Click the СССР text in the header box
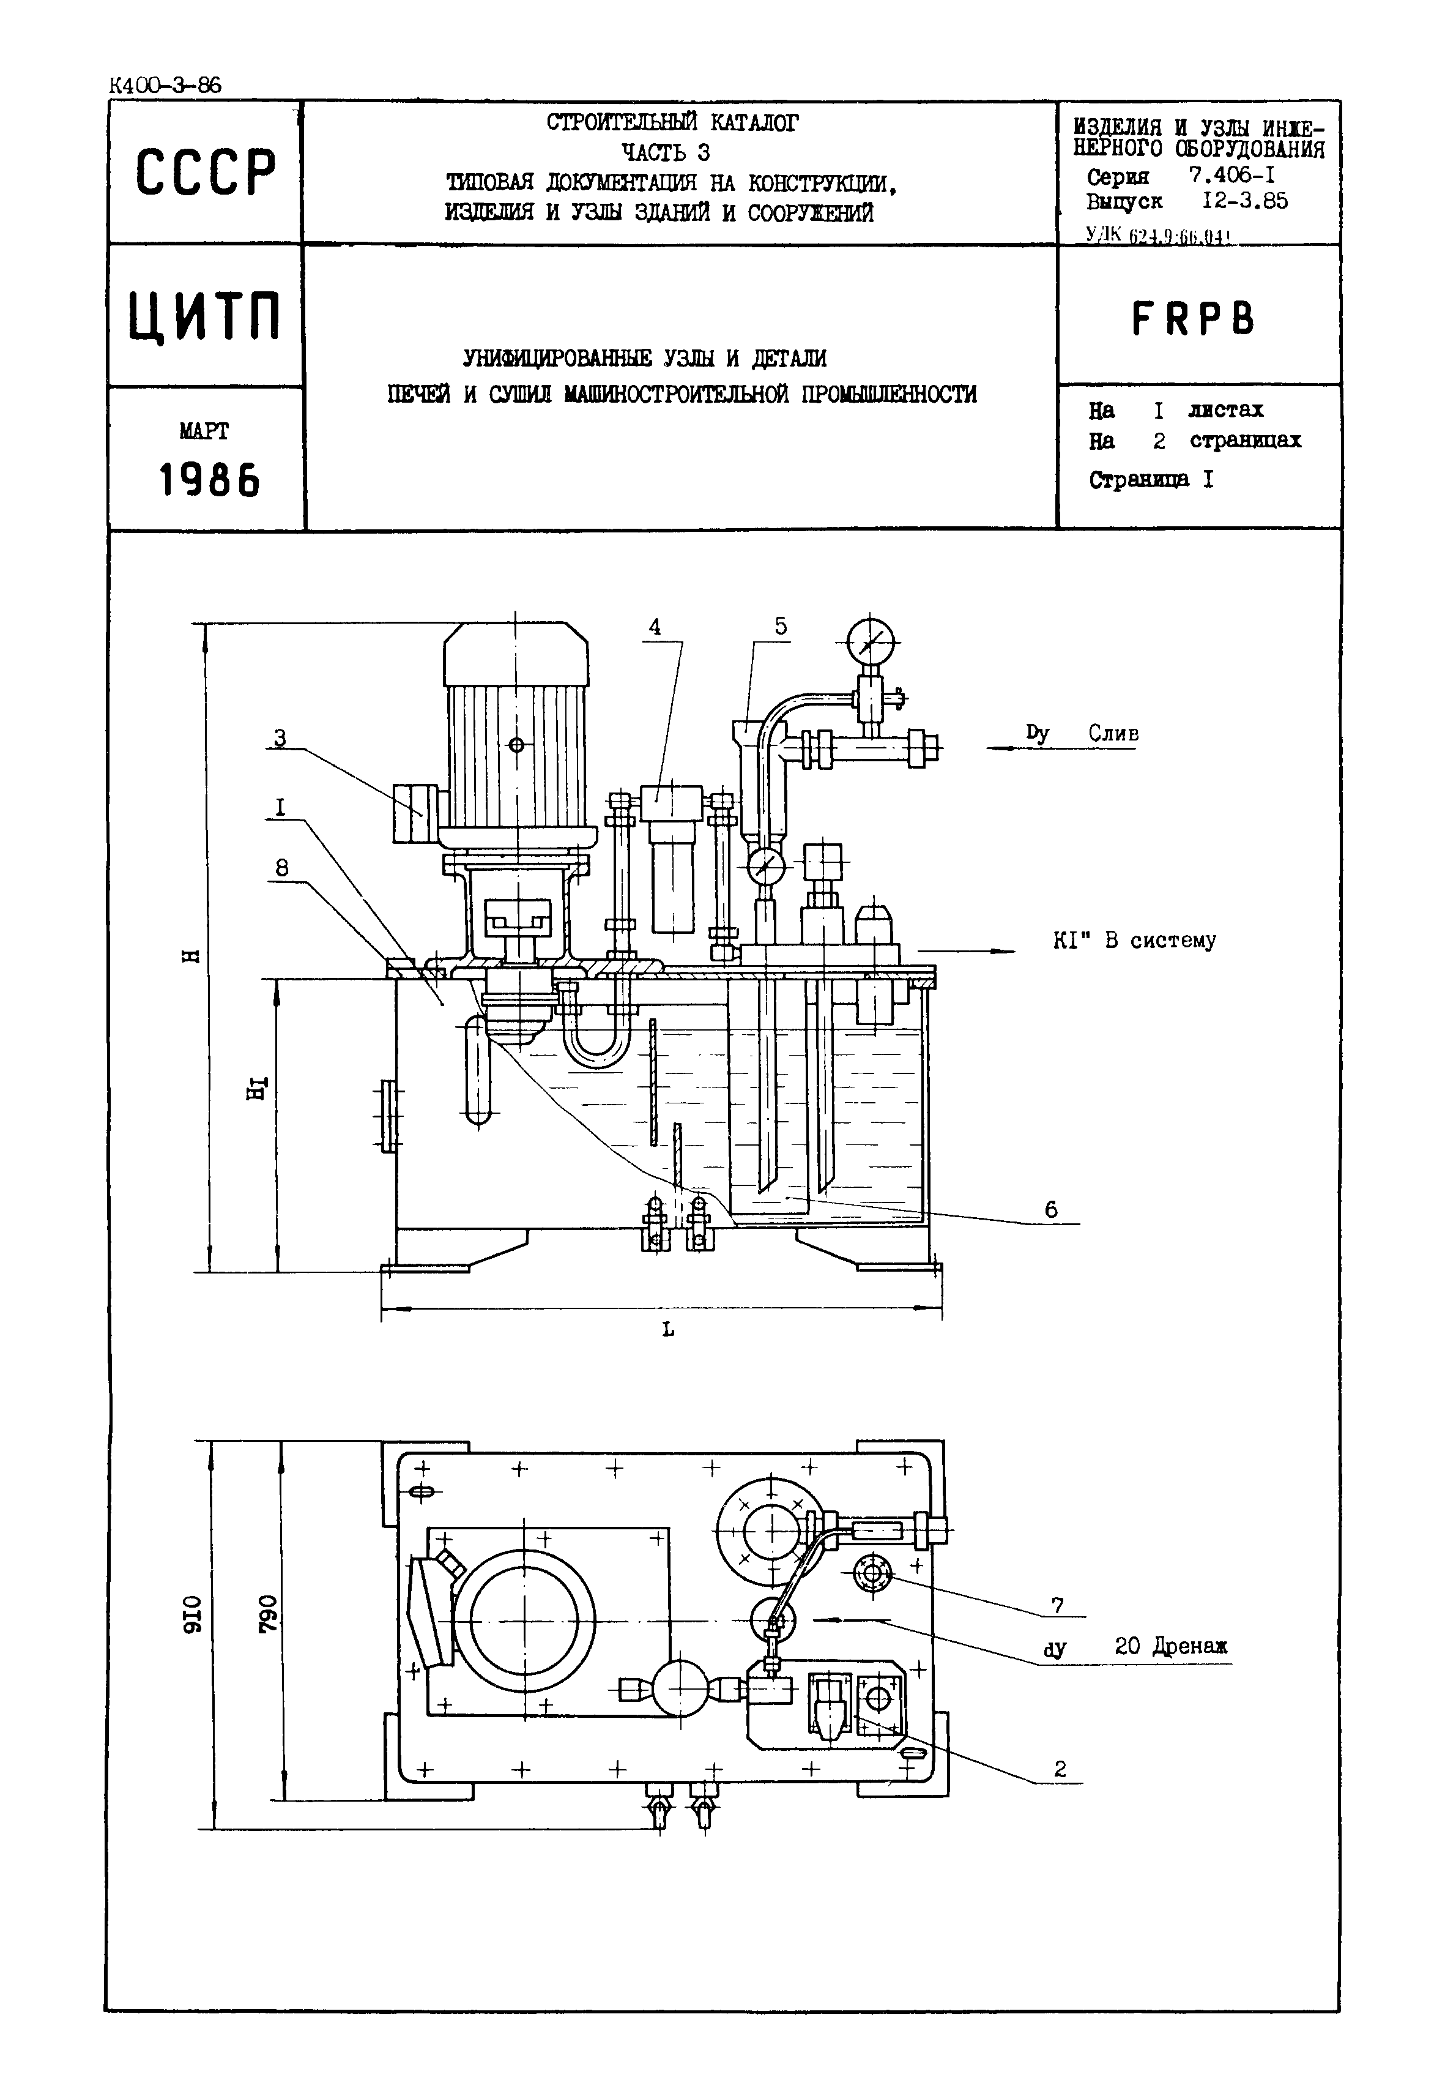[206, 172]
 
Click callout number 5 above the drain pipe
[781, 626]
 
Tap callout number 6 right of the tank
[1050, 1210]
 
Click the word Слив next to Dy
[1113, 734]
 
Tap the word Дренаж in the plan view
[1190, 1646]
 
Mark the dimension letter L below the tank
[667, 1330]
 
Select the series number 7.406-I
[1232, 177]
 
